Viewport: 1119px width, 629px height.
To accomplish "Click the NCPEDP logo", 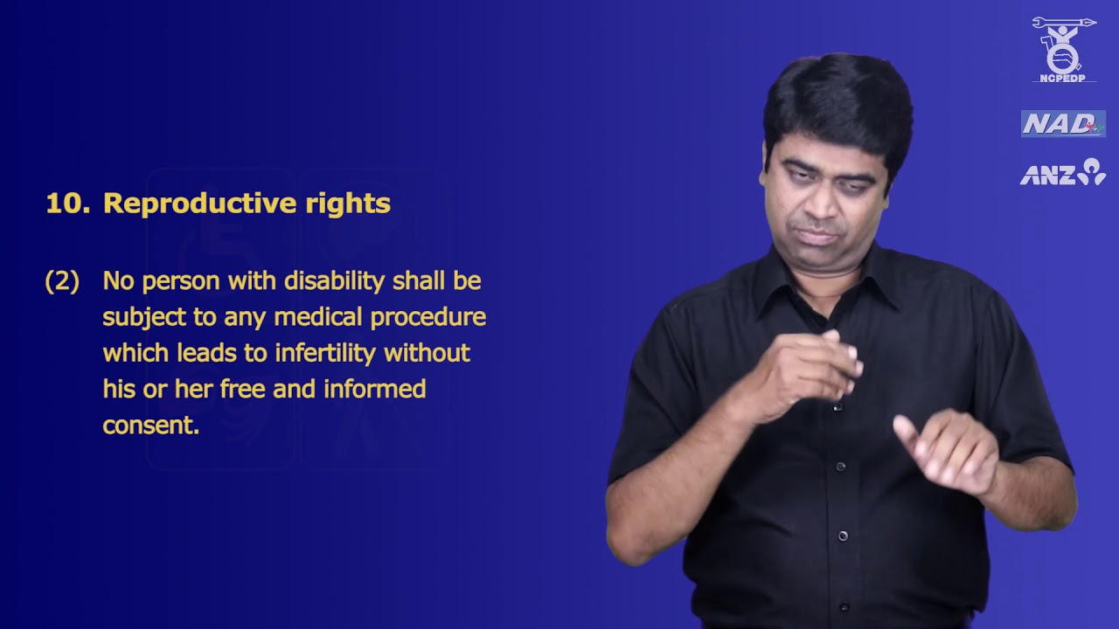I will point(1063,50).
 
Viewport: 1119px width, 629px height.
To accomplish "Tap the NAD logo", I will point(1063,124).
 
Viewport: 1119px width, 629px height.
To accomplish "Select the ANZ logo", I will point(1062,173).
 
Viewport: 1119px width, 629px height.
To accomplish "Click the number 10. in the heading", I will point(67,204).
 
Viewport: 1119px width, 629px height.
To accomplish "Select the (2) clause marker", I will point(62,281).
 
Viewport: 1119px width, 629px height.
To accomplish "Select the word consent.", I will point(150,425).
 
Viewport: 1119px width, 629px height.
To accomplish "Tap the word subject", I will point(140,317).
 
